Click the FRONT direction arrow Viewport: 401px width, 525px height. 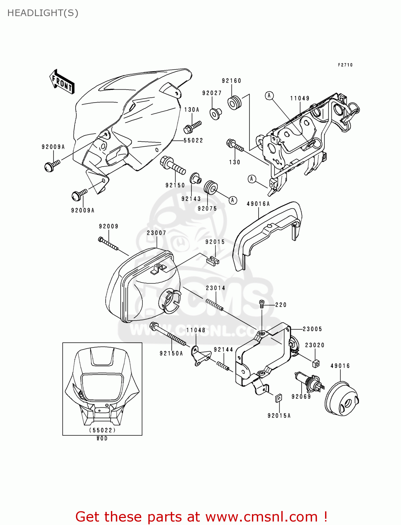pyautogui.click(x=62, y=82)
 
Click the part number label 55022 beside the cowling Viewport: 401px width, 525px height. pyautogui.click(x=193, y=140)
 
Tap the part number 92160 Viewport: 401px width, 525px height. pyautogui.click(x=231, y=81)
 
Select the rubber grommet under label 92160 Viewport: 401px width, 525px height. pyautogui.click(x=234, y=102)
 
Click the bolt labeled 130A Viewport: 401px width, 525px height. pyautogui.click(x=192, y=127)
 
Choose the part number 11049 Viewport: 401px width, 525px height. pyautogui.click(x=300, y=98)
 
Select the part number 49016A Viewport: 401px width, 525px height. pyautogui.click(x=258, y=204)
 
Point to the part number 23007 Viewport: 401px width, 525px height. pyautogui.click(x=156, y=233)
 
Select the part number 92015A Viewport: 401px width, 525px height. pyautogui.click(x=279, y=416)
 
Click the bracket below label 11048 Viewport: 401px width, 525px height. pyautogui.click(x=200, y=356)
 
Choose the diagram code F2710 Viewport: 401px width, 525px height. pyautogui.click(x=345, y=65)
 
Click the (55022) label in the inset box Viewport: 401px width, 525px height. pyautogui.click(x=102, y=430)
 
